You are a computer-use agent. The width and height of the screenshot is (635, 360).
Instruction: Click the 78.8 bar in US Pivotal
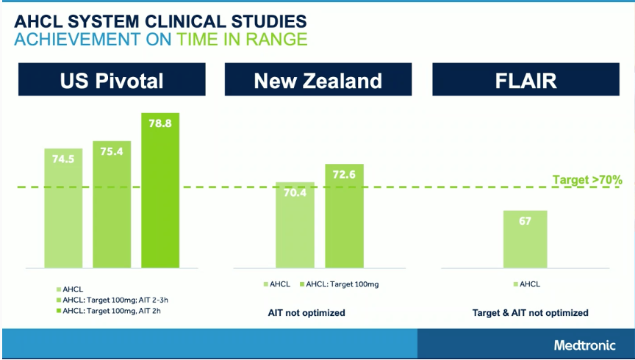pyautogui.click(x=160, y=190)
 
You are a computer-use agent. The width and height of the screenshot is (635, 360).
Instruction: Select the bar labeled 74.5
pyautogui.click(x=63, y=208)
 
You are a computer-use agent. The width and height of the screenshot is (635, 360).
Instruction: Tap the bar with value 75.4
pyautogui.click(x=112, y=204)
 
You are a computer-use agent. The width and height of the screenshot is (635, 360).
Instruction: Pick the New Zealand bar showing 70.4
pyautogui.click(x=295, y=225)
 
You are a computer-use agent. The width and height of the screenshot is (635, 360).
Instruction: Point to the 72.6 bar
pyautogui.click(x=344, y=216)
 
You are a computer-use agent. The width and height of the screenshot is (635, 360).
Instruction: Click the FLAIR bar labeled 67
pyautogui.click(x=525, y=240)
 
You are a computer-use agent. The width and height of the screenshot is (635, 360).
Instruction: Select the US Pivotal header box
pyautogui.click(x=112, y=79)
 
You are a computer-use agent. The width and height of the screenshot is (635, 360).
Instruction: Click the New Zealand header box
pyautogui.click(x=318, y=79)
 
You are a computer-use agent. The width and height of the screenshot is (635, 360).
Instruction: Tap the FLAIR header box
pyautogui.click(x=526, y=79)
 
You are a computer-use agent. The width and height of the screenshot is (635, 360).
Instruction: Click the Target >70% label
pyautogui.click(x=587, y=179)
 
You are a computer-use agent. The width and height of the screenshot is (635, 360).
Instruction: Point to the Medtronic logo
pyautogui.click(x=585, y=345)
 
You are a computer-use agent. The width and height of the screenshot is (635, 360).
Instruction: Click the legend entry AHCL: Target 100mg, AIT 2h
pyautogui.click(x=109, y=311)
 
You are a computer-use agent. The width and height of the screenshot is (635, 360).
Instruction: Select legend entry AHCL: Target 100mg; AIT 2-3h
pyautogui.click(x=112, y=300)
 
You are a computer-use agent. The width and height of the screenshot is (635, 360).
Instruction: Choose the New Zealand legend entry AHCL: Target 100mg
pyautogui.click(x=340, y=284)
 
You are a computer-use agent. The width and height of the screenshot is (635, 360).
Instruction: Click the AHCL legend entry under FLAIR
pyautogui.click(x=527, y=284)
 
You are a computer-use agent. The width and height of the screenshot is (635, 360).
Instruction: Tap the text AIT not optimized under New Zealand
pyautogui.click(x=306, y=313)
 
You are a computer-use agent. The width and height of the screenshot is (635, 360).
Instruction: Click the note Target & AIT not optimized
pyautogui.click(x=530, y=313)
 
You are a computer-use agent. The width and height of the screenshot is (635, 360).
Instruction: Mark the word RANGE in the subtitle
pyautogui.click(x=276, y=39)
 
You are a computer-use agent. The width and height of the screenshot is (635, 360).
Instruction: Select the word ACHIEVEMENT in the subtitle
pyautogui.click(x=77, y=39)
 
